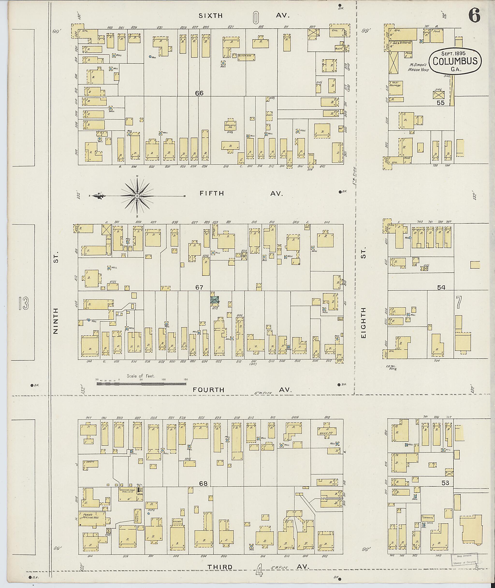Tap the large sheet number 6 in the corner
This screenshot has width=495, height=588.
click(474, 15)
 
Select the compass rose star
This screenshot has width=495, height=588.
click(137, 196)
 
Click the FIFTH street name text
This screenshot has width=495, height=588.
click(212, 193)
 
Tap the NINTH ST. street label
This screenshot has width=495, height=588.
click(56, 321)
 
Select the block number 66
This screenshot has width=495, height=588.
click(199, 93)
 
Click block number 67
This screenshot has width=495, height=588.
click(199, 287)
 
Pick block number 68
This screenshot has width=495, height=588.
click(203, 484)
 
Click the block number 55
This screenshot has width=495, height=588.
click(440, 103)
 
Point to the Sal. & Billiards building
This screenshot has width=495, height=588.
click(400, 45)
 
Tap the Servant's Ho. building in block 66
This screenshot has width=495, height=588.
click(230, 125)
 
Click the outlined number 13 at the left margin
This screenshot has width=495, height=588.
click(24, 304)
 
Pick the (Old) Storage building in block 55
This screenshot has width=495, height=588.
click(396, 88)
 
